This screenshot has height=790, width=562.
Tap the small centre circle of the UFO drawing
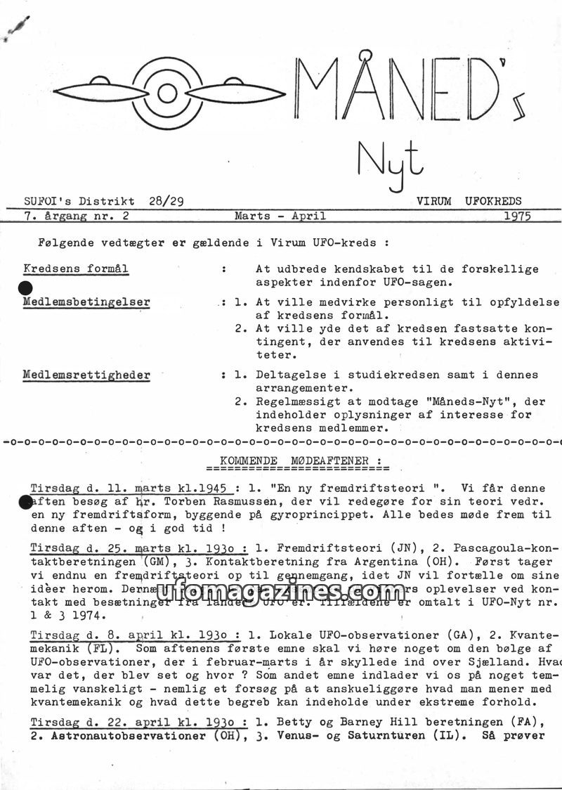point(166,93)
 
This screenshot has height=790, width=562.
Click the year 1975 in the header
point(517,216)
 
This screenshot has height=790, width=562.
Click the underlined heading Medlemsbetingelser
point(86,302)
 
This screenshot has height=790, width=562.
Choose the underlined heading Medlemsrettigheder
point(86,375)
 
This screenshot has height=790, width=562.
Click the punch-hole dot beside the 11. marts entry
point(25,501)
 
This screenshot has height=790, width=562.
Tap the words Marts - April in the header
point(280,216)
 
